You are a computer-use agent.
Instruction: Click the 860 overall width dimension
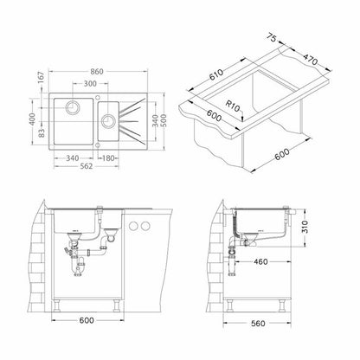tap(97, 71)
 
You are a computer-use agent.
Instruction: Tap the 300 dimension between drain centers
tap(90, 84)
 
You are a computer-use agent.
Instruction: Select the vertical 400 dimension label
tap(32, 119)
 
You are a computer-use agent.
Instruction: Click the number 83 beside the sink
tap(42, 133)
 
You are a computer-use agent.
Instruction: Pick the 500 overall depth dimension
tap(163, 121)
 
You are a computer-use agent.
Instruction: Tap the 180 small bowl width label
tap(109, 158)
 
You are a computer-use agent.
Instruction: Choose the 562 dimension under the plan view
tap(86, 166)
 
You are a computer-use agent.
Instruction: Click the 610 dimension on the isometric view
tap(216, 75)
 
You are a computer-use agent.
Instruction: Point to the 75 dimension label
tap(271, 37)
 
